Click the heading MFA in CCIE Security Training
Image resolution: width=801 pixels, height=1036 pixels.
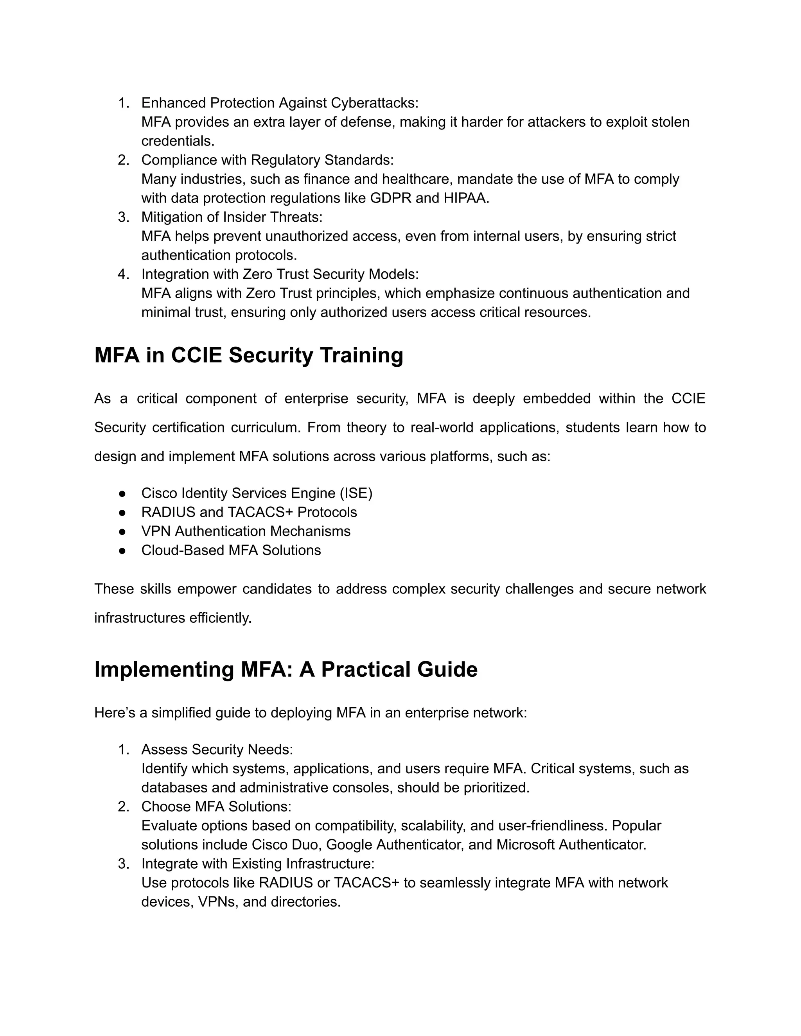click(249, 355)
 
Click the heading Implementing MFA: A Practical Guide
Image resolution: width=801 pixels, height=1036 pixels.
click(286, 669)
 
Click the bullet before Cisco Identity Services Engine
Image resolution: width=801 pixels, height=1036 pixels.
click(122, 493)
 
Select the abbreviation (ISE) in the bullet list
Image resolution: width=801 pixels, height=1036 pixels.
click(356, 493)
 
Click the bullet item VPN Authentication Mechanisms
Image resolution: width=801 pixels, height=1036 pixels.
click(246, 531)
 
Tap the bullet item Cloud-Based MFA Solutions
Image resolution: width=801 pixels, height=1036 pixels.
click(231, 550)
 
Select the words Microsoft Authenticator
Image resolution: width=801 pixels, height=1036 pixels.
click(571, 845)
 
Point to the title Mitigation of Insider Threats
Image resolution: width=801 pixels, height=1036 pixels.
click(232, 217)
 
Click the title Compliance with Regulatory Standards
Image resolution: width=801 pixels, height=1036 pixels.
click(267, 160)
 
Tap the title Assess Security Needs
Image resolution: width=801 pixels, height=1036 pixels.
click(217, 749)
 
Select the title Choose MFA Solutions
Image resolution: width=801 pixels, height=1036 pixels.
click(216, 807)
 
